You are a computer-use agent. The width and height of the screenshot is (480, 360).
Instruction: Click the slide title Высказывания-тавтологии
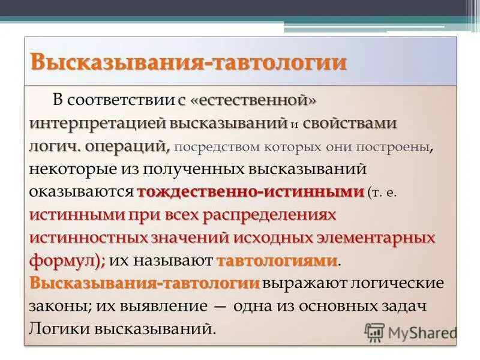[188, 62]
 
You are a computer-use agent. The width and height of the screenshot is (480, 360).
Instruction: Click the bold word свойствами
[350, 124]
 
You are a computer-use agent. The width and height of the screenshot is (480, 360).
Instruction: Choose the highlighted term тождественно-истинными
[250, 192]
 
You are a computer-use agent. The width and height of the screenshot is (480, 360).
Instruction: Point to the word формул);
[67, 260]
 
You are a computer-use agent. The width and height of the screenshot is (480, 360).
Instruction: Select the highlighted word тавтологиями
[277, 260]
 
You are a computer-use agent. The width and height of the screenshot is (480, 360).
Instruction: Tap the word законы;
[59, 305]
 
